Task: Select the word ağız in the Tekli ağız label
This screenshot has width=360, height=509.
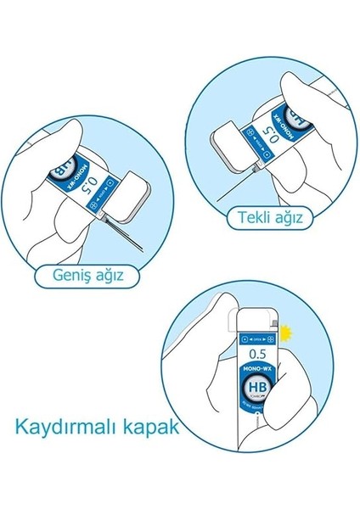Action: (285, 219)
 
